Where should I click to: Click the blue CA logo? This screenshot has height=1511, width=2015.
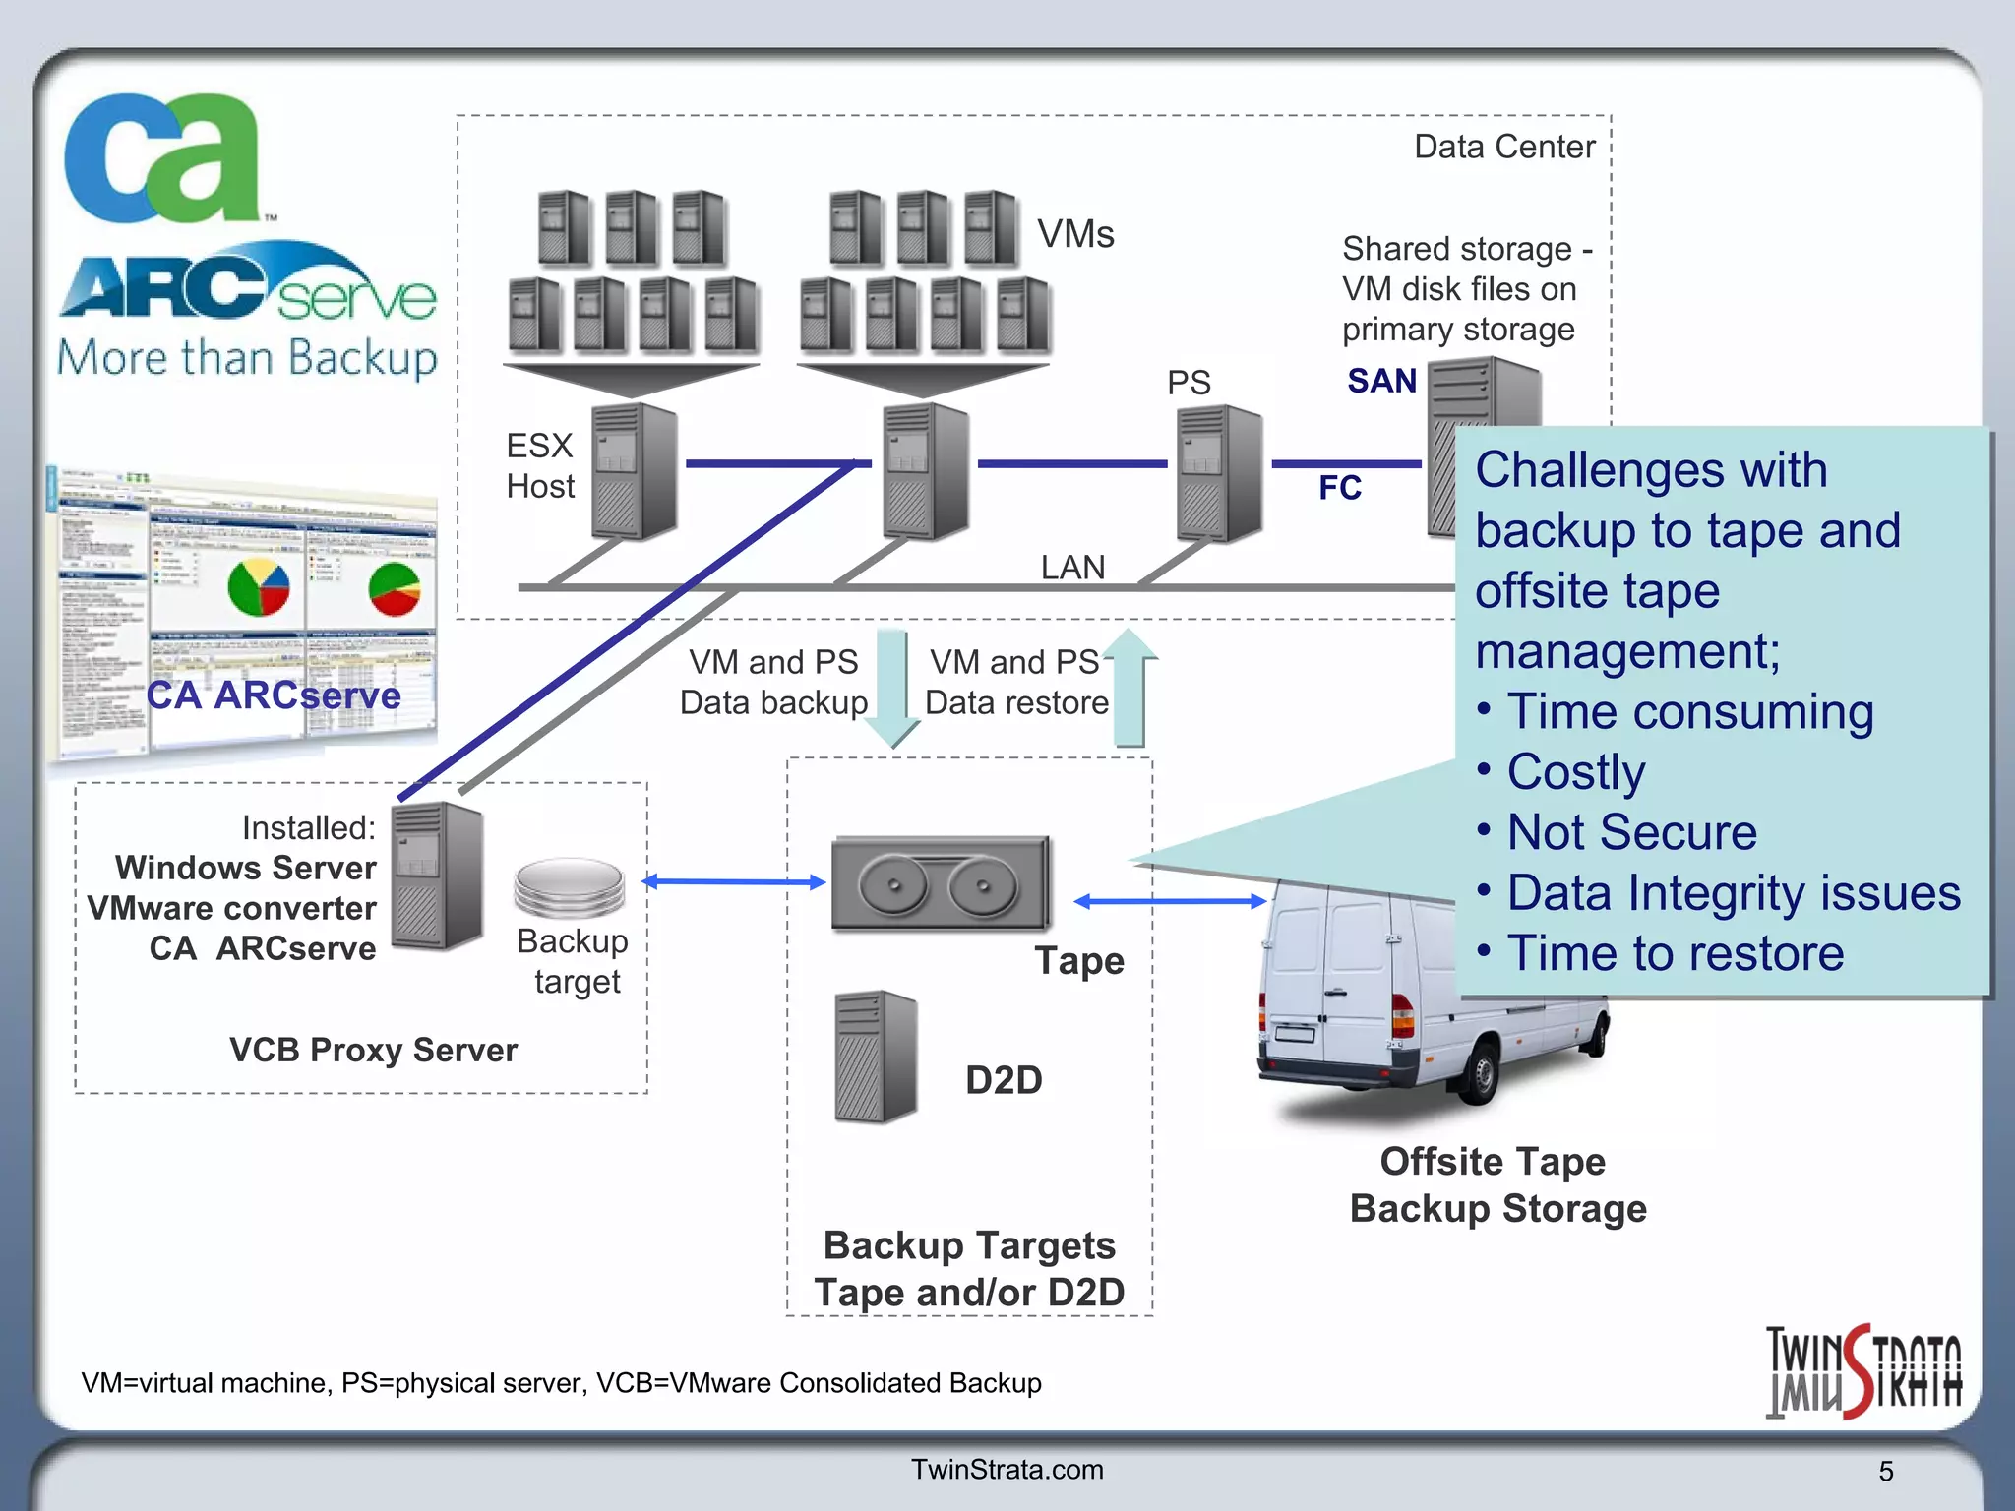tap(162, 157)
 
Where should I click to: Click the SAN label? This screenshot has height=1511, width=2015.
tap(1381, 381)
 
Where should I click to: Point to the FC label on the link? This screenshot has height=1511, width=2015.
tap(1339, 488)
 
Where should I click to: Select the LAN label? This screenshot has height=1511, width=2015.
tap(1072, 568)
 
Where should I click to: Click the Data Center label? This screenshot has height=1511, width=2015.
tap(1503, 147)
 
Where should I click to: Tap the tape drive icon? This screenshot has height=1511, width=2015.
tap(940, 883)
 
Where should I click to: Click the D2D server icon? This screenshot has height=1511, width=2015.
tap(875, 1057)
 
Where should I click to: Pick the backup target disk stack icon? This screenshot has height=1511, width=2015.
tap(569, 886)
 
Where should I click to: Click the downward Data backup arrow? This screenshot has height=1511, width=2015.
tap(891, 689)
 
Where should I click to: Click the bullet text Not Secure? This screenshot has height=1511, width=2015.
tap(1631, 832)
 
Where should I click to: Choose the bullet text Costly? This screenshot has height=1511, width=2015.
tap(1575, 772)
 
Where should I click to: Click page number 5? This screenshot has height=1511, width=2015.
tap(1885, 1472)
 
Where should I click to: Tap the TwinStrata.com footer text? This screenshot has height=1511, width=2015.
tap(1007, 1470)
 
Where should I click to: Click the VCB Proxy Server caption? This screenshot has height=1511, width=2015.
tap(373, 1050)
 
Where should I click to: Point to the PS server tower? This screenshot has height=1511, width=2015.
tap(1219, 473)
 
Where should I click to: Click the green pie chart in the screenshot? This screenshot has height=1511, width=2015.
tap(395, 589)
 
